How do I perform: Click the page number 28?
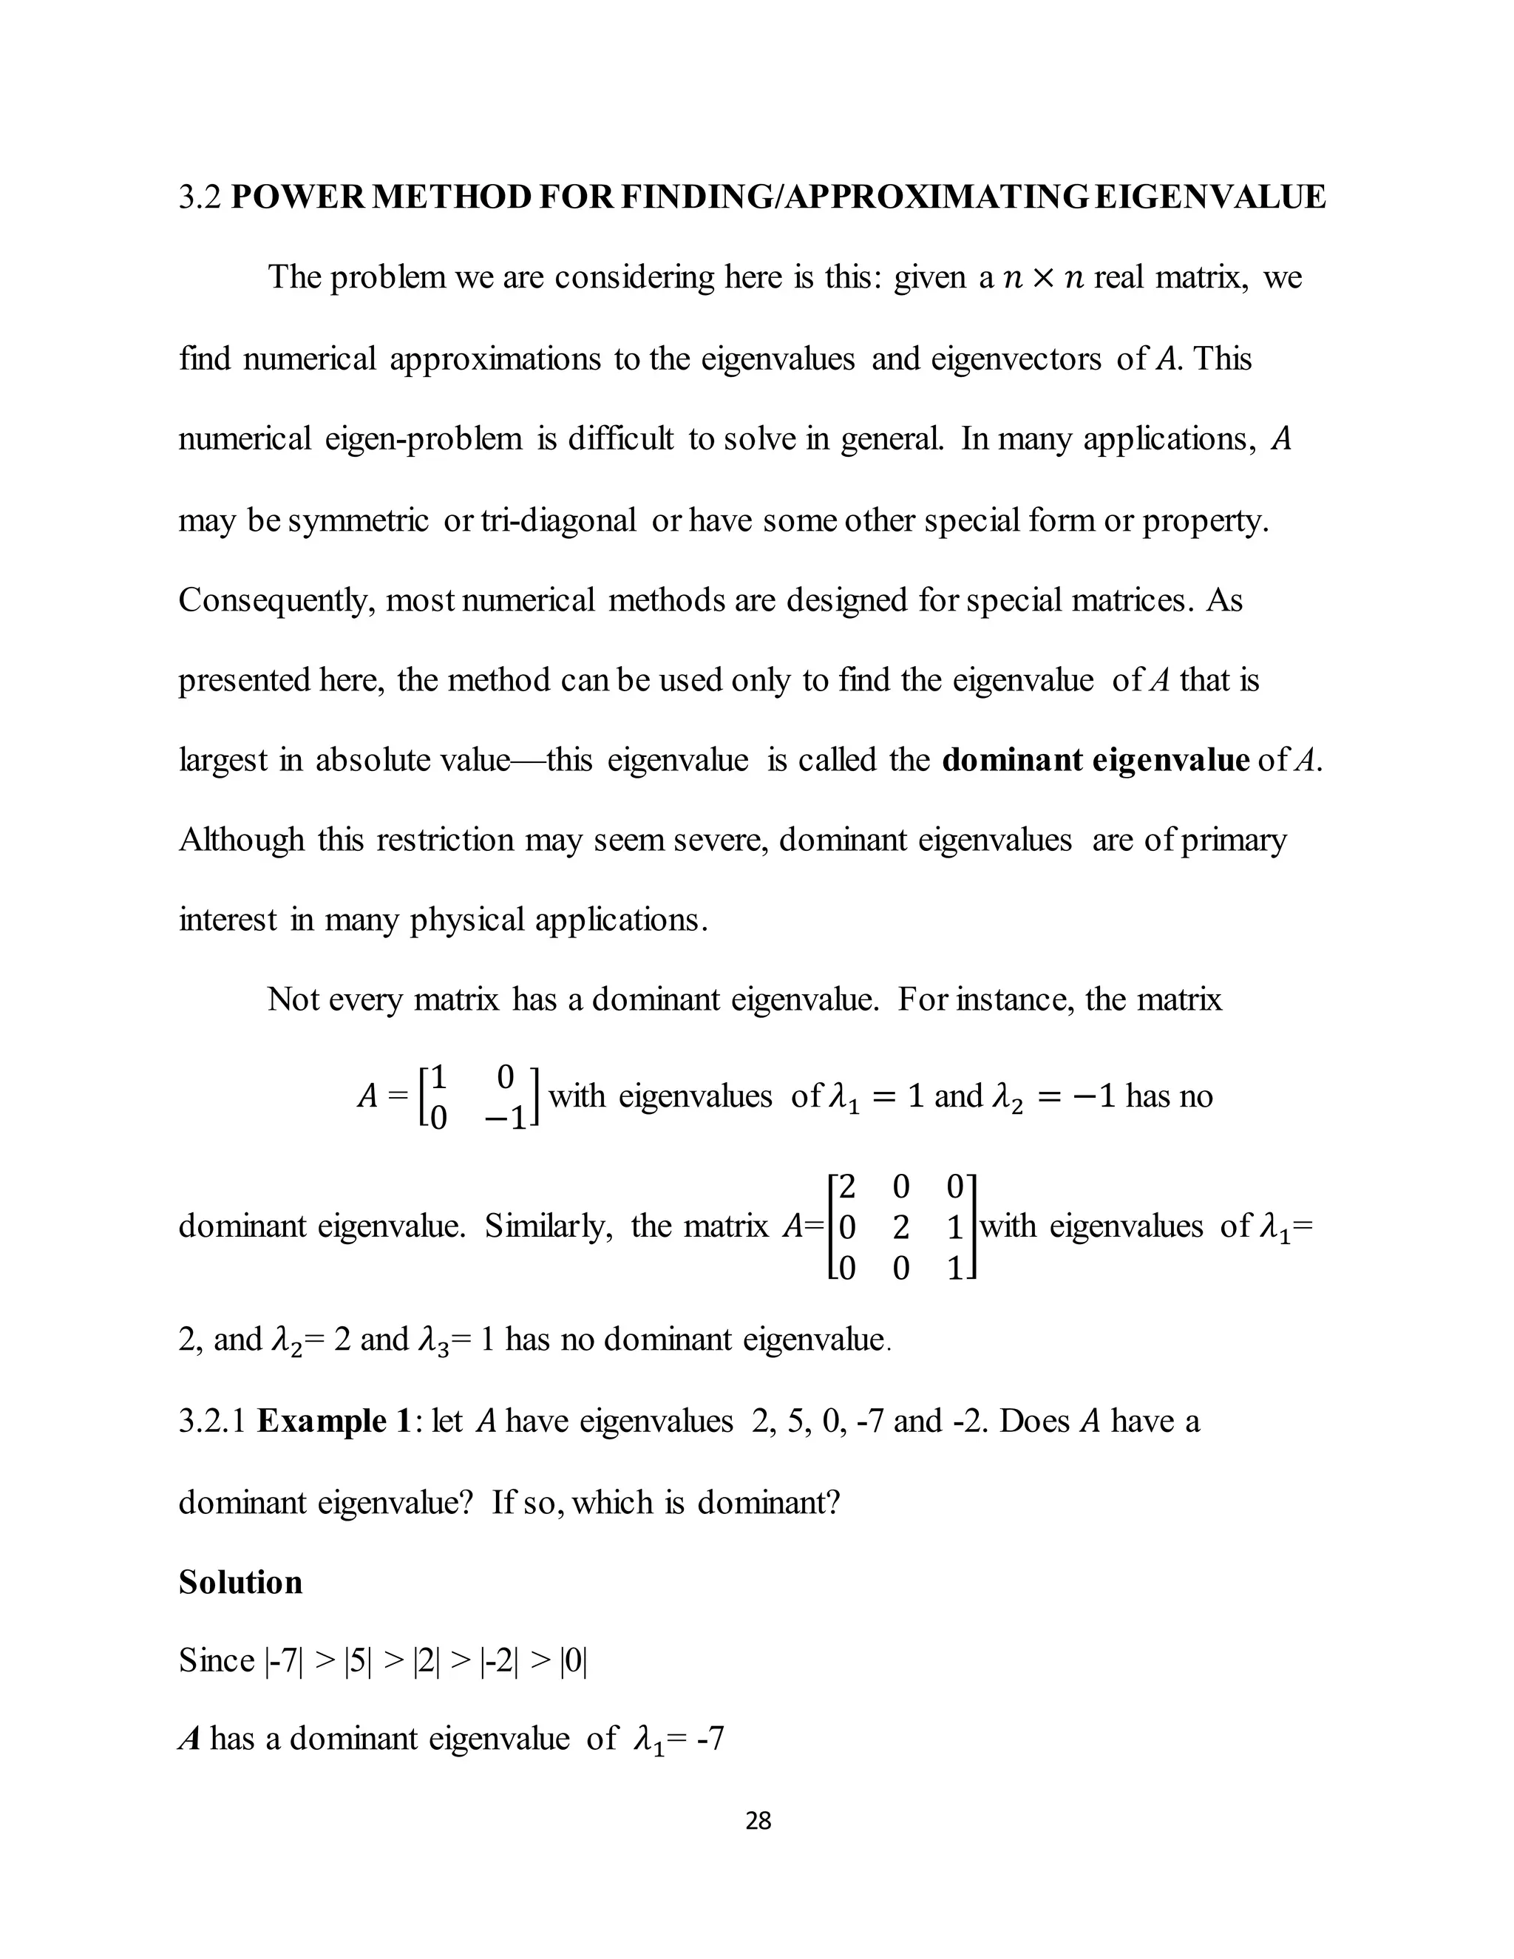pyautogui.click(x=758, y=1820)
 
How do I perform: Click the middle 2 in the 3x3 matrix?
pyautogui.click(x=901, y=1227)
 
